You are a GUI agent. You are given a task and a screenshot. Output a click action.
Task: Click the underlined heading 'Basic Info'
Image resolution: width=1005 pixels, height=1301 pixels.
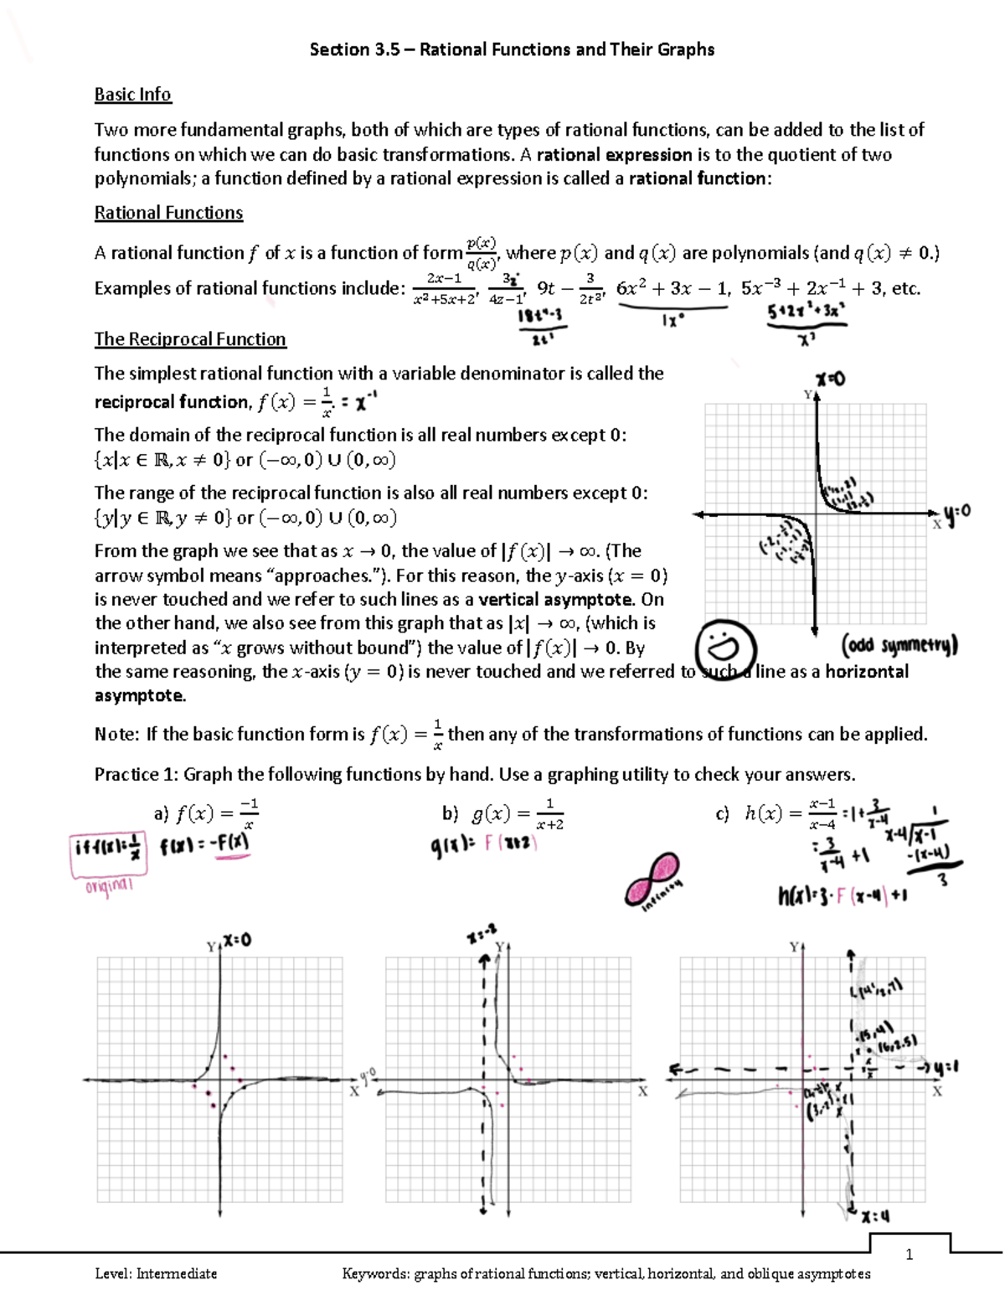132,95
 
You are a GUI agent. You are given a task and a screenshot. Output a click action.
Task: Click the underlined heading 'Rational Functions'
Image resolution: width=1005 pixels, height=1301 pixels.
168,213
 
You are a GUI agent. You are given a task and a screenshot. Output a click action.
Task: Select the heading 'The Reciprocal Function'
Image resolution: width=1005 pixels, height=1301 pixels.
190,339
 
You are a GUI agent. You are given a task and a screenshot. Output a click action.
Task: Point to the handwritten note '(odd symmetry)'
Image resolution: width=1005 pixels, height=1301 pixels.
899,645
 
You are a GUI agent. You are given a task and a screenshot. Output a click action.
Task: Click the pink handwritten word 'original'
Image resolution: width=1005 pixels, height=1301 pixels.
109,885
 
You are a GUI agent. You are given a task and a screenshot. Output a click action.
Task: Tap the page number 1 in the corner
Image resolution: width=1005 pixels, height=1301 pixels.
909,1254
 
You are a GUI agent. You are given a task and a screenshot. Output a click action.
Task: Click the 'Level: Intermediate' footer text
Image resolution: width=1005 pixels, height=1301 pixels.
156,1274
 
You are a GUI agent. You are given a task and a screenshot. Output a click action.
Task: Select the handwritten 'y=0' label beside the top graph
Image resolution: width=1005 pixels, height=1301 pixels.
957,512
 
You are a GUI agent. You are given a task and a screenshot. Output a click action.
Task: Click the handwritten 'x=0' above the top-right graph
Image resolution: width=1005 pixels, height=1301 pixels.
830,379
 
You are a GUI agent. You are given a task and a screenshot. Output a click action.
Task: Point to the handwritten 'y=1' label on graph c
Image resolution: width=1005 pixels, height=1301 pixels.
946,1067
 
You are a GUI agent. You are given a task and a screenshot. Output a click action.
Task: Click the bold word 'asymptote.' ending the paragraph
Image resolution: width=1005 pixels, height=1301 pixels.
140,696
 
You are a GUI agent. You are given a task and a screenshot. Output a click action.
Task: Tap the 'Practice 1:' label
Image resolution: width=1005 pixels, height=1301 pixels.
137,774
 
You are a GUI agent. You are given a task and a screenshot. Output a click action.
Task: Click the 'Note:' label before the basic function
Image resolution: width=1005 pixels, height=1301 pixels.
116,735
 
